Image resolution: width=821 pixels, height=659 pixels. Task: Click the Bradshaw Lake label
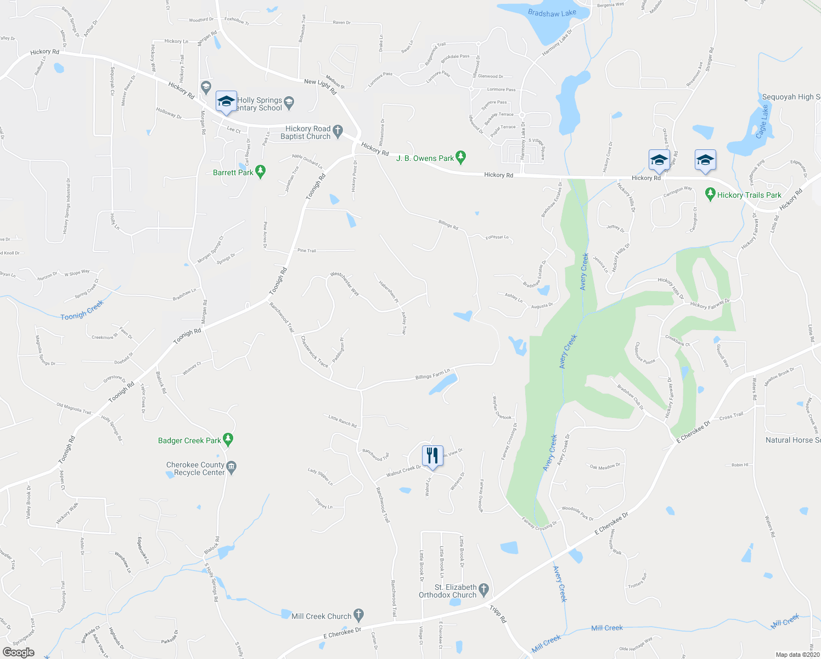[x=552, y=13]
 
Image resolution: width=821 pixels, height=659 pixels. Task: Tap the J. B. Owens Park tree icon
[x=461, y=158]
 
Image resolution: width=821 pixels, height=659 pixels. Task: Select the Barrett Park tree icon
[x=261, y=172]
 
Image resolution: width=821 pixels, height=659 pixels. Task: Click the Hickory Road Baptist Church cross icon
[x=338, y=132]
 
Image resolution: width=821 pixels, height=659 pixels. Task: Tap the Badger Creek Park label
[x=189, y=440]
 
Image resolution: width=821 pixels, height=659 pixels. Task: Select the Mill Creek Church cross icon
[x=358, y=616]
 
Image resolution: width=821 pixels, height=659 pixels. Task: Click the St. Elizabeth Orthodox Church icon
[x=483, y=591]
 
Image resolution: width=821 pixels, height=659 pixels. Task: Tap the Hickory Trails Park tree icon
[x=710, y=195]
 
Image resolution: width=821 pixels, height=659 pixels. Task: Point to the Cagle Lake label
[x=761, y=122]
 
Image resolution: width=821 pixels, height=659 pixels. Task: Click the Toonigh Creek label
[x=82, y=311]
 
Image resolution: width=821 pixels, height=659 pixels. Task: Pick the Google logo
[x=18, y=652]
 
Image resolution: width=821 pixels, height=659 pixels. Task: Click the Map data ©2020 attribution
[x=797, y=655]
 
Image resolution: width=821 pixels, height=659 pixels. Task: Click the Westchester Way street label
[x=345, y=284]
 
